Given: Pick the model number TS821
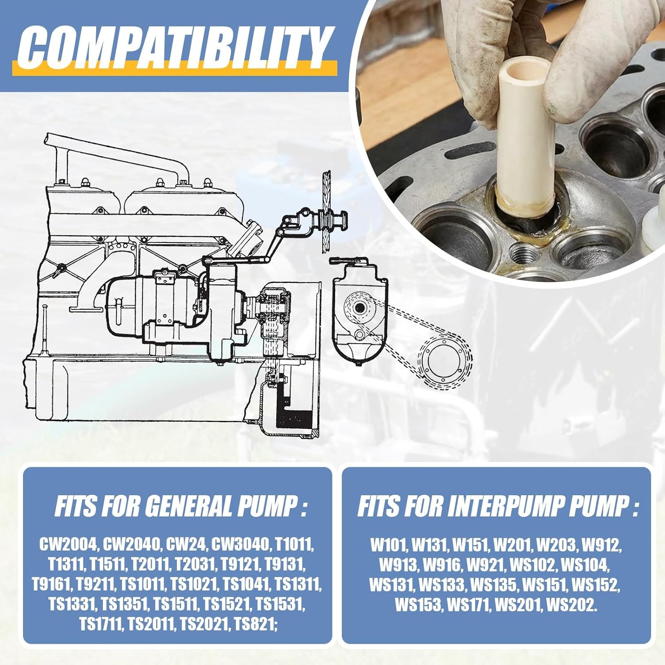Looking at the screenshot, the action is point(256,624).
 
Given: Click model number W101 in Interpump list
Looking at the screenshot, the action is point(388,544).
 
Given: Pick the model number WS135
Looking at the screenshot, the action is point(493,585).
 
